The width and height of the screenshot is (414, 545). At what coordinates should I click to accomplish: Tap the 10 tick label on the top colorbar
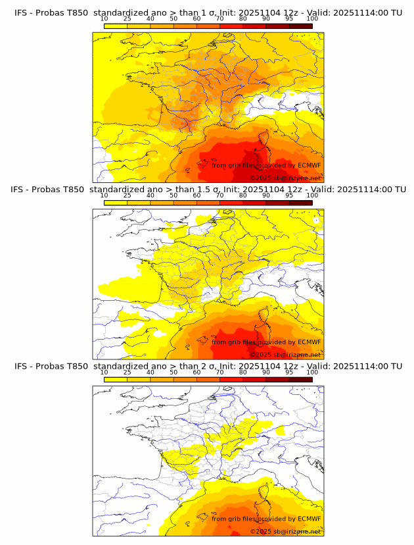pos(104,19)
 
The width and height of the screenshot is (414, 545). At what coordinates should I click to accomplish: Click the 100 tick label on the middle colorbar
pos(312,195)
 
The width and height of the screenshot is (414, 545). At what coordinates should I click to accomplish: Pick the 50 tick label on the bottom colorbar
pos(173,373)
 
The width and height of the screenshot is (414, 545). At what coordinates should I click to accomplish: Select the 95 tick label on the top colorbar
pos(289,19)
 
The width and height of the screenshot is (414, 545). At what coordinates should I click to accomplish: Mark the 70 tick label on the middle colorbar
pos(219,195)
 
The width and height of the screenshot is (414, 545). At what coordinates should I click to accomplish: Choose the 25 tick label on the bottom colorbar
pos(127,373)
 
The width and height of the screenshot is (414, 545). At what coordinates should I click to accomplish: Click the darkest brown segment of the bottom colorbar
pos(300,378)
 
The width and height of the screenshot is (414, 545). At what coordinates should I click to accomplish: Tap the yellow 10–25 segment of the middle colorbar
pos(115,202)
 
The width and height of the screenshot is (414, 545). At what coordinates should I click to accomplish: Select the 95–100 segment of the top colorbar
pos(300,26)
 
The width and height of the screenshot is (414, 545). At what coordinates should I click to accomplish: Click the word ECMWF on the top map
pos(309,165)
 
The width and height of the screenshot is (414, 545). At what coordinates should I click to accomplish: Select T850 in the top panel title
pos(76,13)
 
